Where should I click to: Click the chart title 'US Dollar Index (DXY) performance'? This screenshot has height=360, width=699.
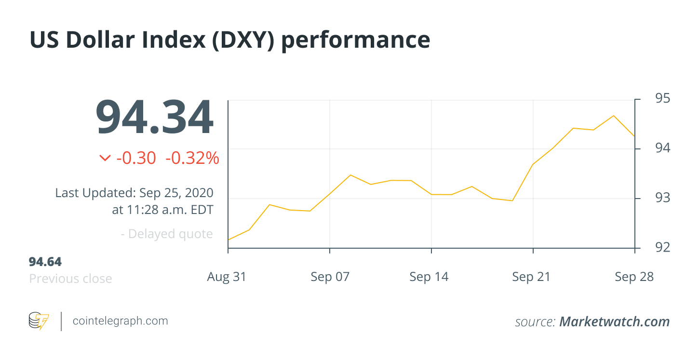tap(229, 40)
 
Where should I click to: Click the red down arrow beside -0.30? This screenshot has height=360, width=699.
tap(105, 158)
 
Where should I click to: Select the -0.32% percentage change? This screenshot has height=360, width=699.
tap(192, 158)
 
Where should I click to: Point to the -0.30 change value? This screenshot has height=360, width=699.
tap(136, 158)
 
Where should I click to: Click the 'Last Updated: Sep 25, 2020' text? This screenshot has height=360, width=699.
tap(134, 193)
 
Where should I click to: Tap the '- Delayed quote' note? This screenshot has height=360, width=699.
tap(167, 234)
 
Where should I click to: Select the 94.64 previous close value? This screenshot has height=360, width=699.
tap(45, 262)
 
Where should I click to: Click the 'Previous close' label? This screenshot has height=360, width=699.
tap(70, 279)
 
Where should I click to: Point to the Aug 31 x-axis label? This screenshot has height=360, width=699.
tap(227, 277)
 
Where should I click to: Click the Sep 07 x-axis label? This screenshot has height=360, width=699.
tap(330, 277)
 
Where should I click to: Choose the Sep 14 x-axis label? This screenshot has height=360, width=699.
tap(429, 277)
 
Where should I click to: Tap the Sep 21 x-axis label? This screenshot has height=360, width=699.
tap(531, 277)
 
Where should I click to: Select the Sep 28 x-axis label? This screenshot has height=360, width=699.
tap(634, 277)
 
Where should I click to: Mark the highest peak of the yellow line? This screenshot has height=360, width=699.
tap(614, 116)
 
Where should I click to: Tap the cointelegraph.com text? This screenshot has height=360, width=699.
tap(120, 321)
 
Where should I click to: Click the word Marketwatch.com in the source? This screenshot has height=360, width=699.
tap(614, 322)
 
